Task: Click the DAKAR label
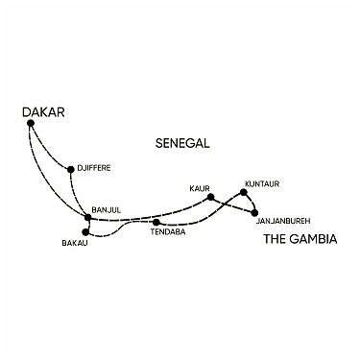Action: tap(42, 112)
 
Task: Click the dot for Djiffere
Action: tap(70, 171)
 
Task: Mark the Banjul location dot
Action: tap(87, 217)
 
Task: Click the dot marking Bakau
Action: tap(86, 232)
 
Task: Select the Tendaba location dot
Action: tap(156, 223)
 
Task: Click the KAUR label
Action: tap(199, 187)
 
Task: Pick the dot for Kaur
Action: tap(210, 197)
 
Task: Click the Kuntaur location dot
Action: tap(244, 193)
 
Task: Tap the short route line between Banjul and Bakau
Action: tap(87, 225)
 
